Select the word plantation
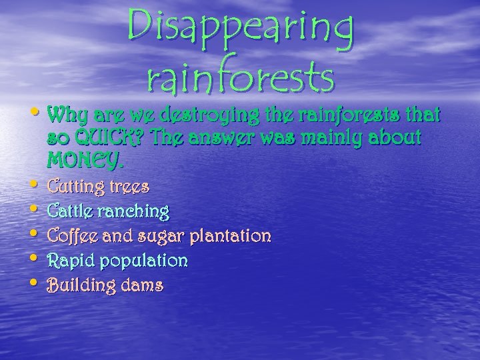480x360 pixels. coord(230,235)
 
